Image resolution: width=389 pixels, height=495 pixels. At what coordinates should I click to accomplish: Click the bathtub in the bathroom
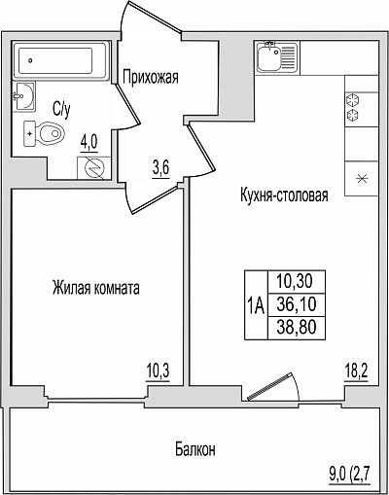(60, 60)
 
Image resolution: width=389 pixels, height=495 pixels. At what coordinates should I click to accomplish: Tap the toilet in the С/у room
(44, 133)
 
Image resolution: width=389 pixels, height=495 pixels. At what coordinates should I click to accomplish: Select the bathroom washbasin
(23, 96)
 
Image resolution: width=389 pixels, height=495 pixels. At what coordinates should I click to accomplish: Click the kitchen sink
(276, 57)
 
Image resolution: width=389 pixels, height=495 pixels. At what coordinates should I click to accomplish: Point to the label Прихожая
(151, 77)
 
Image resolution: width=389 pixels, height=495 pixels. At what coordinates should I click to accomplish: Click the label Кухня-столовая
(284, 195)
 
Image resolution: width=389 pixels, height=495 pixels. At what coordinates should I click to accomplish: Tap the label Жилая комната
(96, 288)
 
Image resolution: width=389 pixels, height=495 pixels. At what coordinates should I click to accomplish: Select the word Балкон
(195, 449)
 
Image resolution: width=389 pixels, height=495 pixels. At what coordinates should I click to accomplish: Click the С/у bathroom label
(61, 110)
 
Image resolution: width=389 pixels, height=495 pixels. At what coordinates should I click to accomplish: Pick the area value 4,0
(88, 143)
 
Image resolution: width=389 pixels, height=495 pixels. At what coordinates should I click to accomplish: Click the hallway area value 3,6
(160, 169)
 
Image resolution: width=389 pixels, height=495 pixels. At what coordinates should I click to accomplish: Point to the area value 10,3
(159, 371)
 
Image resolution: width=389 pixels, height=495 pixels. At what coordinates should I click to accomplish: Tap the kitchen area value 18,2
(356, 371)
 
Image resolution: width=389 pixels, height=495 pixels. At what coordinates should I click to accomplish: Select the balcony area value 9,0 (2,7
(349, 476)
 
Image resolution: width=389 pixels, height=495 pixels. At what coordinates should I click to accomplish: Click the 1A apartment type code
(256, 305)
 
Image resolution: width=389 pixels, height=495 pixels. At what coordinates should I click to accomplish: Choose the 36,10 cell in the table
(297, 304)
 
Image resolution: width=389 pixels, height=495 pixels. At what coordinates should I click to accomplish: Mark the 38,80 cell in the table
(297, 328)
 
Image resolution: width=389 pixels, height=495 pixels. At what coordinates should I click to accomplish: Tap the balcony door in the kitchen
(274, 387)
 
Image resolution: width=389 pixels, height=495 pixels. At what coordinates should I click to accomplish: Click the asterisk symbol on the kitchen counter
(362, 179)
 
